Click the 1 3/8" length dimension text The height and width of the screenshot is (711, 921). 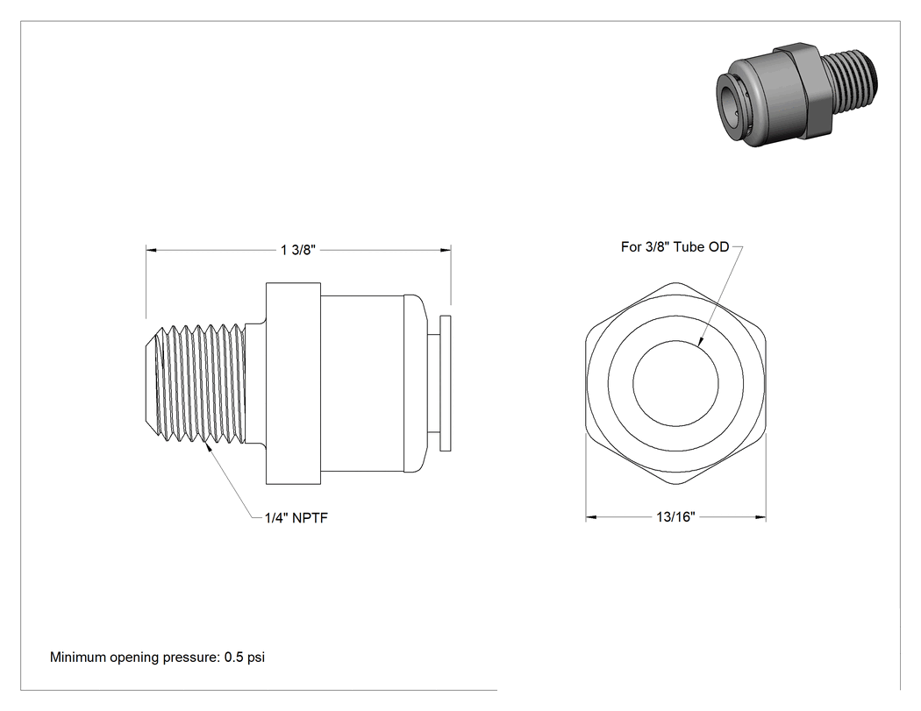[298, 250]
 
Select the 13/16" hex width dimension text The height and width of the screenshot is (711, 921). [675, 516]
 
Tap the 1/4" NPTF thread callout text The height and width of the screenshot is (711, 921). [296, 518]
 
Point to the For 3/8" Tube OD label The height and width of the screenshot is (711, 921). [675, 246]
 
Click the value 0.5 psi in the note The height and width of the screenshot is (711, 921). [245, 657]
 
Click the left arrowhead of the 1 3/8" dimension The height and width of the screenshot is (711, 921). [151, 250]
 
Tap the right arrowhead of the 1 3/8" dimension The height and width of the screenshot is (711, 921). [446, 250]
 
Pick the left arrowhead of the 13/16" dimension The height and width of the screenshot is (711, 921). [591, 517]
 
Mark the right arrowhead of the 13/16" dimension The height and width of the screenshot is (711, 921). [760, 517]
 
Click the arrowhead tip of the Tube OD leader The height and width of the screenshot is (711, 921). [699, 345]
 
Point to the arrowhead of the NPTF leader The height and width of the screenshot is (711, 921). [206, 445]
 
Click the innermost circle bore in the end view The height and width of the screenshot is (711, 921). [675, 340]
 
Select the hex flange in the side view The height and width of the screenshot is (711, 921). [293, 383]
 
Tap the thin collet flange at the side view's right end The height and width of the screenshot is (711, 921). [446, 383]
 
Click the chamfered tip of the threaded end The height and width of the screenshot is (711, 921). [151, 383]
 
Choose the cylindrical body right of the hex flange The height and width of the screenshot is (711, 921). [361, 383]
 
